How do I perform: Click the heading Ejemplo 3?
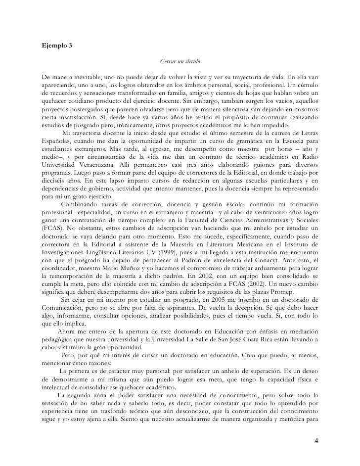[57, 46]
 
